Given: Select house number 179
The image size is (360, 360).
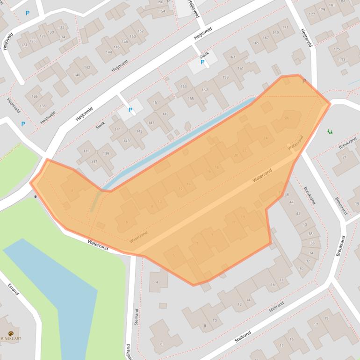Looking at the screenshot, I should pyautogui.click(x=322, y=9).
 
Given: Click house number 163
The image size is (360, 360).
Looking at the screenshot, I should pyautogui.click(x=232, y=57).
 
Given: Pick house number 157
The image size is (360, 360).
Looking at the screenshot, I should pyautogui.click(x=205, y=90).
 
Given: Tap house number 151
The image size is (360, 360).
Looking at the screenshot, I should pyautogui.click(x=156, y=102).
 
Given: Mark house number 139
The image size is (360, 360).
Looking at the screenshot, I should pyautogui.click(x=106, y=154).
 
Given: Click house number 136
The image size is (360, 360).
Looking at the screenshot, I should pyautogui.click(x=34, y=96).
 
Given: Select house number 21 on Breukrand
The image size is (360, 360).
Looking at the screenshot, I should pyautogui.click(x=345, y=157).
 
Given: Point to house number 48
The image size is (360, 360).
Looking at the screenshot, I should pyautogui.click(x=286, y=194).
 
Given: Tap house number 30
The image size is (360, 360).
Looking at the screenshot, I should pyautogui.click(x=301, y=269).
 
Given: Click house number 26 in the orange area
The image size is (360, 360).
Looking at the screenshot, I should pyautogui.click(x=287, y=118).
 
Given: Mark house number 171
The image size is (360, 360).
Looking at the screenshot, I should pyautogui.click(x=285, y=28).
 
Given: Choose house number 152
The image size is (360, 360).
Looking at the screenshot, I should pyautogui.click(x=140, y=31).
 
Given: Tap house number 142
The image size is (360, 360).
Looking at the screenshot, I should pyautogui.click(x=87, y=68).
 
